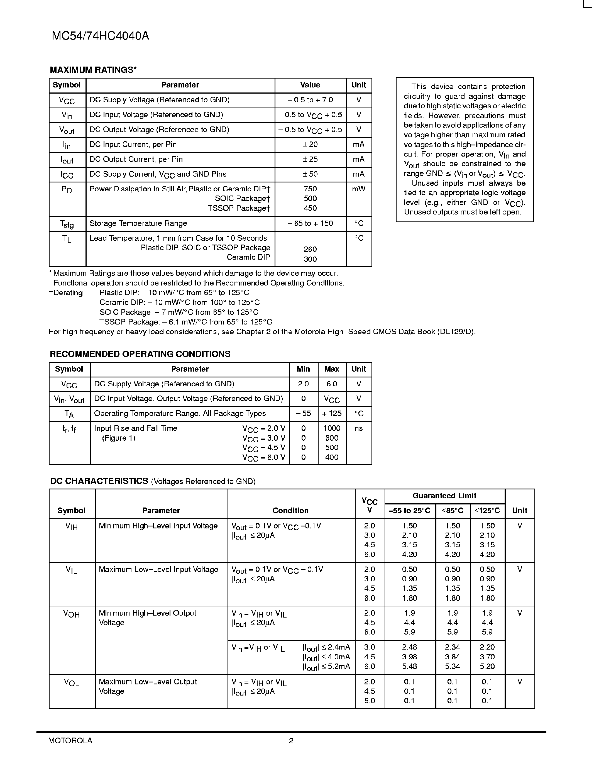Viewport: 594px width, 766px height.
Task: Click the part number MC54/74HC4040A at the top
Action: pyautogui.click(x=100, y=36)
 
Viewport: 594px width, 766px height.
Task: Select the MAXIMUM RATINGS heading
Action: pyautogui.click(x=93, y=70)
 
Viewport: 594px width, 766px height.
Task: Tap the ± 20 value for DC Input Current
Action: pyautogui.click(x=310, y=145)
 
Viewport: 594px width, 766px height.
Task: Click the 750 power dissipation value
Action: pyautogui.click(x=310, y=189)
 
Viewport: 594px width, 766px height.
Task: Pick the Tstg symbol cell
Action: pyautogui.click(x=67, y=224)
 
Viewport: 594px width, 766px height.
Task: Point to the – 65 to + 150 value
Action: pyautogui.click(x=310, y=223)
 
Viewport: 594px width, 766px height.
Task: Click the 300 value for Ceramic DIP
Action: pyautogui.click(x=310, y=259)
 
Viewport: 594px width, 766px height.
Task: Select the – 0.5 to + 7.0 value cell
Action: pyautogui.click(x=310, y=100)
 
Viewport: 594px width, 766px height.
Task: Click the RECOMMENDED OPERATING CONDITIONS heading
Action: pyautogui.click(x=140, y=354)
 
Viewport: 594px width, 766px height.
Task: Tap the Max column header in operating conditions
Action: pyautogui.click(x=331, y=369)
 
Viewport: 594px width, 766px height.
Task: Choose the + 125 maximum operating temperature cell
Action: pyautogui.click(x=331, y=414)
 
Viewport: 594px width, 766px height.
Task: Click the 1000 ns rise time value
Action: pyautogui.click(x=332, y=428)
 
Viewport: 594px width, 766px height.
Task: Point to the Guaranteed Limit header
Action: pyautogui.click(x=444, y=496)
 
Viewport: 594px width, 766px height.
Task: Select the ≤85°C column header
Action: pyautogui.click(x=452, y=511)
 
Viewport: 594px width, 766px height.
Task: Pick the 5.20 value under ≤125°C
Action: pyautogui.click(x=487, y=666)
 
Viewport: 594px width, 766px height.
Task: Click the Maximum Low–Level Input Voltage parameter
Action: pyautogui.click(x=158, y=570)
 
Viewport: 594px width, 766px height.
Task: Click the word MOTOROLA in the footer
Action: pyautogui.click(x=70, y=740)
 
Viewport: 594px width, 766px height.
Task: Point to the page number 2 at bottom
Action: pyautogui.click(x=291, y=740)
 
